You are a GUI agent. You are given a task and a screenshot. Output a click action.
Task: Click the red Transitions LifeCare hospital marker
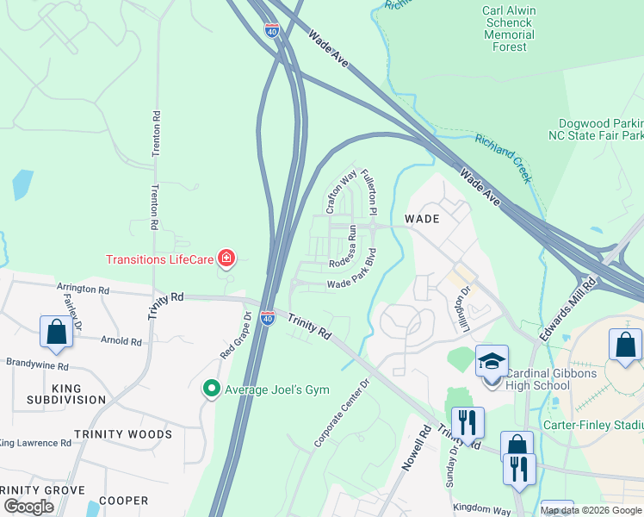pyautogui.click(x=226, y=258)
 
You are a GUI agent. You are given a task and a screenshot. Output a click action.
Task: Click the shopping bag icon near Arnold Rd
pyautogui.click(x=56, y=332)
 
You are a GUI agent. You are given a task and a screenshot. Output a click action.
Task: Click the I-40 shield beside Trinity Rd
pyautogui.click(x=269, y=318)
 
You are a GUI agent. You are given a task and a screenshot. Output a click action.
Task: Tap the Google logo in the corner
pyautogui.click(x=29, y=506)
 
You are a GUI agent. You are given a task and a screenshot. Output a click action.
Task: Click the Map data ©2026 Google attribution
pyautogui.click(x=591, y=510)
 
